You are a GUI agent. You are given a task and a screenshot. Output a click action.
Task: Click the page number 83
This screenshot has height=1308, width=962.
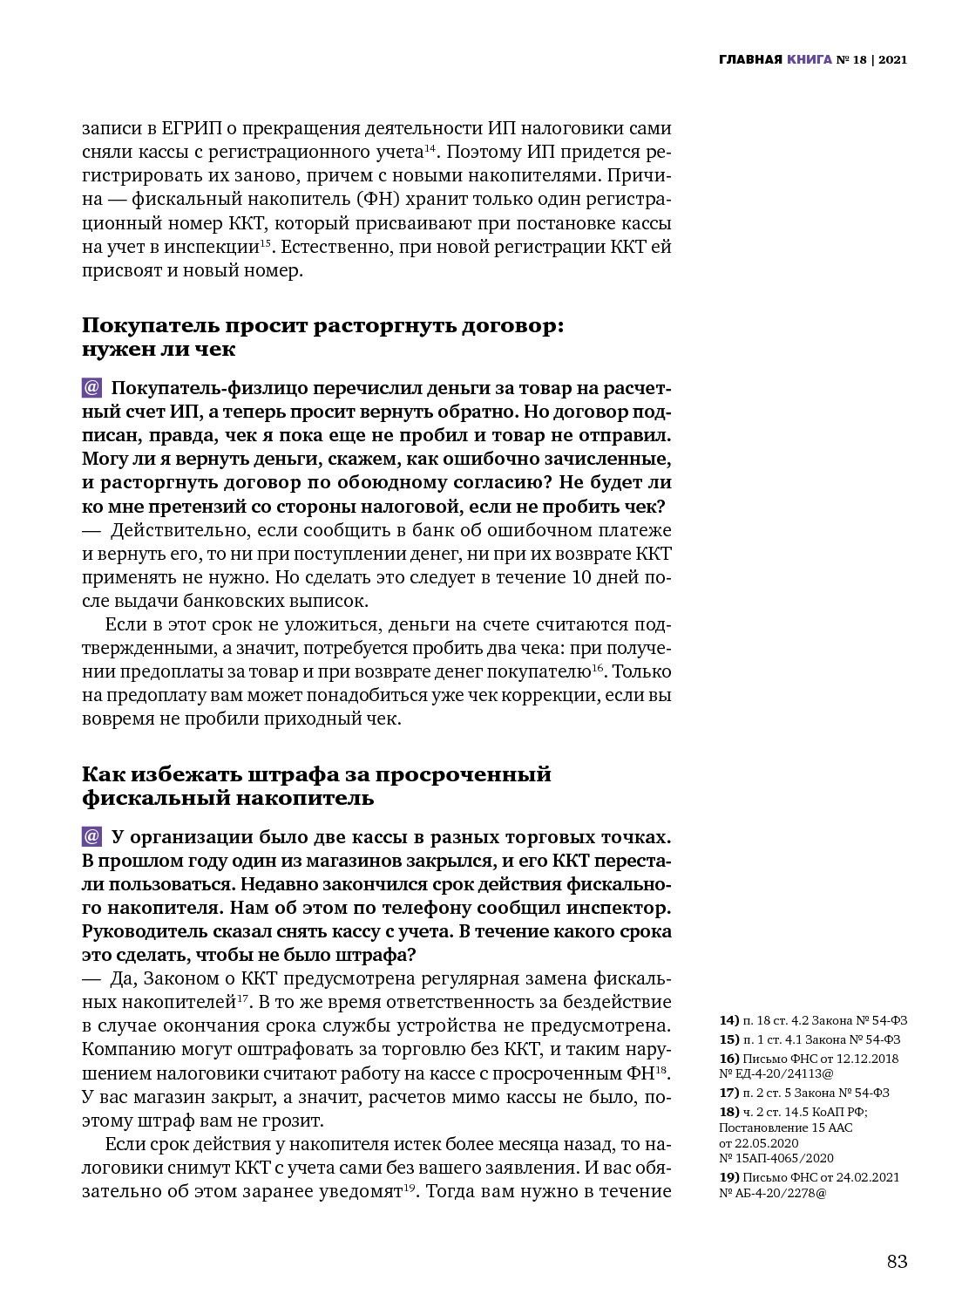coord(897,1261)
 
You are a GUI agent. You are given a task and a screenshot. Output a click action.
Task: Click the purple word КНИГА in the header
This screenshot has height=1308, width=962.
coord(809,60)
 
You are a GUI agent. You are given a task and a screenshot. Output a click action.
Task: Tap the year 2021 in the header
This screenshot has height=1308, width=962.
coord(893,60)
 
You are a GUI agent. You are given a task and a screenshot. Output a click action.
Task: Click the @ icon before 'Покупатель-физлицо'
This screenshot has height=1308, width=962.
coord(91,387)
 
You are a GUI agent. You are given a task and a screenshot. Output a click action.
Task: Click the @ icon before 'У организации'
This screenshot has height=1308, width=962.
coord(91,836)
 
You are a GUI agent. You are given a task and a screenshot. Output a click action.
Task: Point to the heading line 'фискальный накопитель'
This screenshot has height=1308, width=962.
coord(227,798)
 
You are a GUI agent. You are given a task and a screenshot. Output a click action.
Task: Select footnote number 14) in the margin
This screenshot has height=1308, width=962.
coord(728,1020)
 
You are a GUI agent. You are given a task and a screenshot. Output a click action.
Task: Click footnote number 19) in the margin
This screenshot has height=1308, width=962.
coord(728,1177)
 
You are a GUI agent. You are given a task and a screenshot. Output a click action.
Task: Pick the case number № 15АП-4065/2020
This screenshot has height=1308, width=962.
coord(776,1158)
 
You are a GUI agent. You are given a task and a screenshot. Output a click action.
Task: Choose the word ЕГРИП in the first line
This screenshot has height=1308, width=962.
coord(192,128)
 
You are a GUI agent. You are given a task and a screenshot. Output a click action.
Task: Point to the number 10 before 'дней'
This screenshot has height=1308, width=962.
coord(581,577)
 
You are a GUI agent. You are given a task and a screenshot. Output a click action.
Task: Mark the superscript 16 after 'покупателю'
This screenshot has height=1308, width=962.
coord(598,668)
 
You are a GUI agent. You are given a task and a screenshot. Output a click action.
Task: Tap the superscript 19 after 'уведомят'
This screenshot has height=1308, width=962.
coord(409,1188)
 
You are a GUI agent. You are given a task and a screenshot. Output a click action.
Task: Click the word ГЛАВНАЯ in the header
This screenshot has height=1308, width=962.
coord(750,60)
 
